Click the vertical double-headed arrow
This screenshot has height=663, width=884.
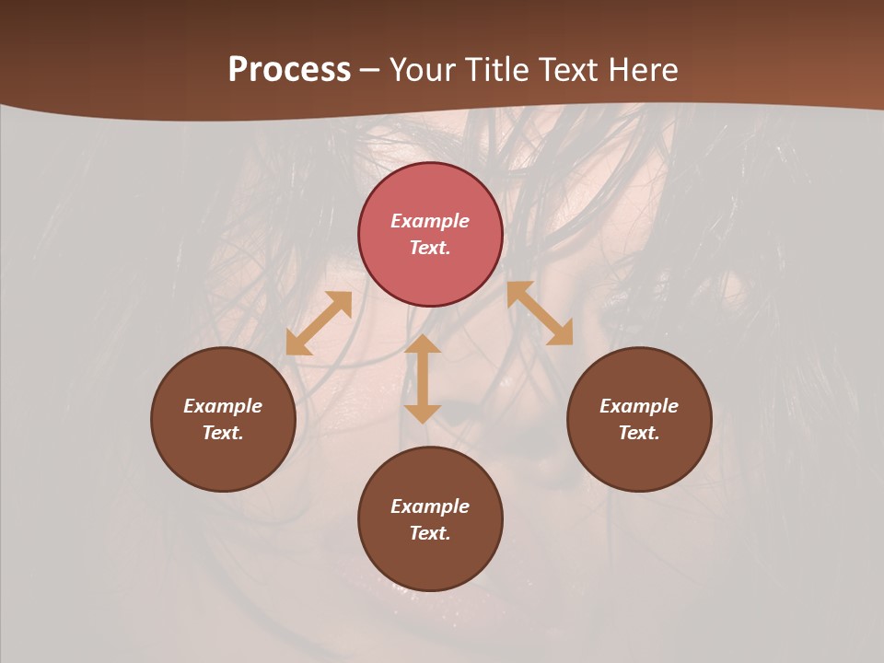(423, 378)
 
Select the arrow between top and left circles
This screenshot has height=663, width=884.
(319, 323)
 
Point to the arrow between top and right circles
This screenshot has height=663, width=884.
(540, 313)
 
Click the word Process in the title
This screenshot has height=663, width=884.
(289, 70)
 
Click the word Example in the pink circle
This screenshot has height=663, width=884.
(430, 221)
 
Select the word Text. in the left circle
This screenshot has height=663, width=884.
(223, 433)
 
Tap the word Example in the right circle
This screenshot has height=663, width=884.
(639, 406)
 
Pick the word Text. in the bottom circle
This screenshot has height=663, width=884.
(430, 533)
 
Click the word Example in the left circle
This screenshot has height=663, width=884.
(223, 406)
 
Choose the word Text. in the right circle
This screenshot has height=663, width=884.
(639, 433)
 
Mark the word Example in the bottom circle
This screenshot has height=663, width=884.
(430, 506)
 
